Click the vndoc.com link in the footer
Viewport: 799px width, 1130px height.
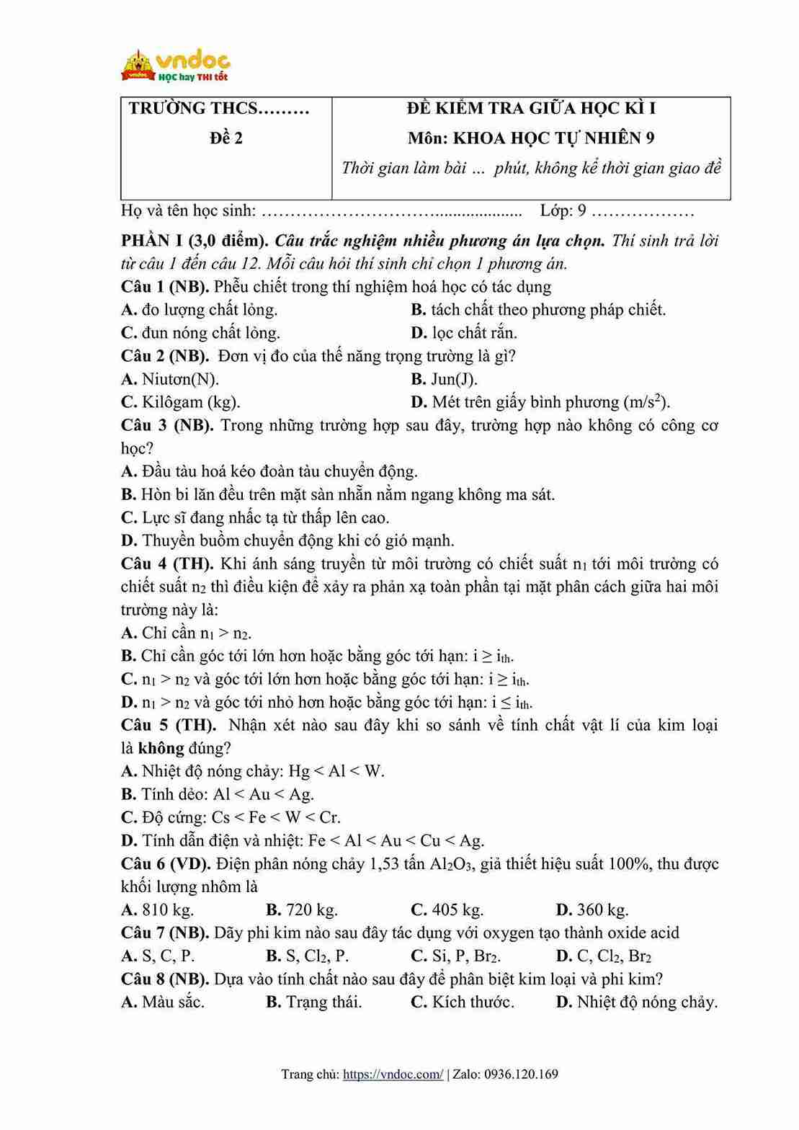[393, 1075]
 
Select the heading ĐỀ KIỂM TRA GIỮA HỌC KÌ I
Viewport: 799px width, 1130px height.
[531, 109]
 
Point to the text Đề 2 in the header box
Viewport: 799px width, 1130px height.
[226, 138]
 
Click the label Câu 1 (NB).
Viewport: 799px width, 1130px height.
[165, 287]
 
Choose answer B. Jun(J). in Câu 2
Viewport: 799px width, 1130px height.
[444, 379]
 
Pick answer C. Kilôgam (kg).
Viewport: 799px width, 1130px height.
[181, 402]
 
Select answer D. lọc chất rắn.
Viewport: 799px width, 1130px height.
[464, 333]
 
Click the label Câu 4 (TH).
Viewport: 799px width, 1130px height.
[167, 564]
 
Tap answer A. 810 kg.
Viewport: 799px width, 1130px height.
[158, 909]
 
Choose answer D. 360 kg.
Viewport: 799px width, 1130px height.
[592, 909]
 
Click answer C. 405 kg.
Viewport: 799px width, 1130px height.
[447, 909]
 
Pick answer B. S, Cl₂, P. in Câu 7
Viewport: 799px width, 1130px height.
[307, 956]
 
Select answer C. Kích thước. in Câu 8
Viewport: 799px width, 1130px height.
[462, 1002]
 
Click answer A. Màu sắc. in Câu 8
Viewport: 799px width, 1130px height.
[163, 1002]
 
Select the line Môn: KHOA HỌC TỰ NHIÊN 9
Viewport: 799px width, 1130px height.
[531, 138]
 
